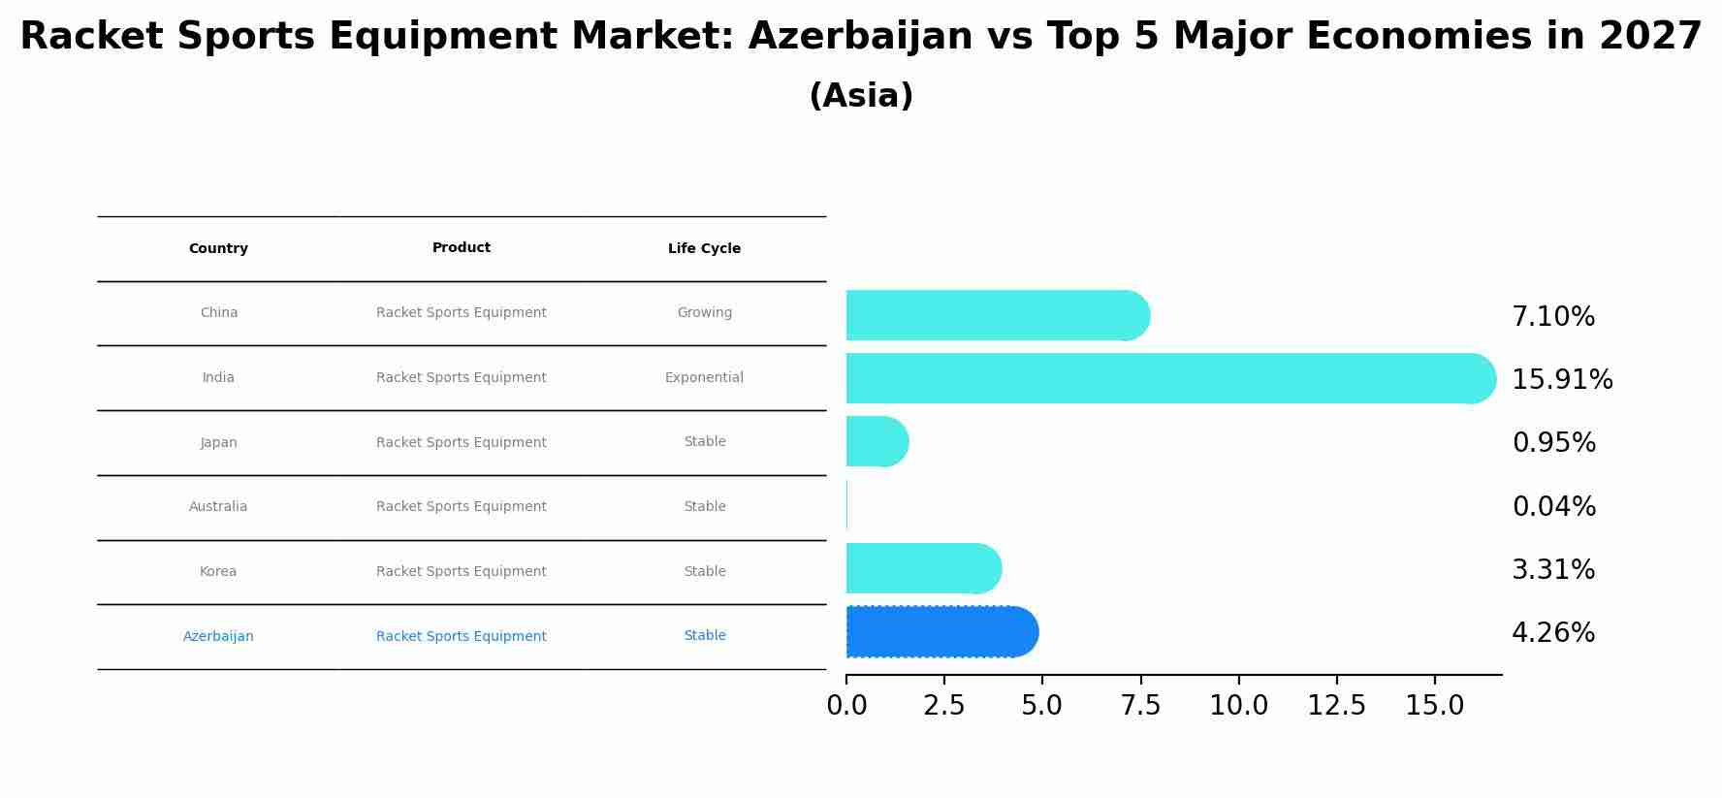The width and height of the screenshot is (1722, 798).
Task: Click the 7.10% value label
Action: [x=1552, y=317]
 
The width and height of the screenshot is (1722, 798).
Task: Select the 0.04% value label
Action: [x=1553, y=506]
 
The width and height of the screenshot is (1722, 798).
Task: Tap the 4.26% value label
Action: [x=1552, y=633]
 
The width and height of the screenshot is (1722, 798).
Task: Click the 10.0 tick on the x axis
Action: [x=1238, y=706]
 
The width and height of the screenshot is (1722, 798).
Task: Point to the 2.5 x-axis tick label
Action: [x=944, y=706]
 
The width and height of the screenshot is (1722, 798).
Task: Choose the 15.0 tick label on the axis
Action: [x=1434, y=706]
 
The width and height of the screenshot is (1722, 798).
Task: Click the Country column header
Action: [x=218, y=249]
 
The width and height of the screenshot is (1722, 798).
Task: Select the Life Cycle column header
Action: [x=704, y=249]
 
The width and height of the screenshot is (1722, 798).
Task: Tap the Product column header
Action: [x=462, y=248]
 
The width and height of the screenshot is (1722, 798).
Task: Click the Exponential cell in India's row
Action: [x=704, y=378]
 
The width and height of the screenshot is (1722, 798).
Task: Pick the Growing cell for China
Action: [x=704, y=313]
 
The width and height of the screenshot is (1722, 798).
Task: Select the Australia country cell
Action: [x=218, y=507]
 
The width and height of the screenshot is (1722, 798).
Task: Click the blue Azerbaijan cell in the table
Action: [x=218, y=637]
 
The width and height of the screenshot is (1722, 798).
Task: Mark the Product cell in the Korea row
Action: [x=462, y=572]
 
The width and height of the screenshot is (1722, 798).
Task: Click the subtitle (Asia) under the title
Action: [x=861, y=96]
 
